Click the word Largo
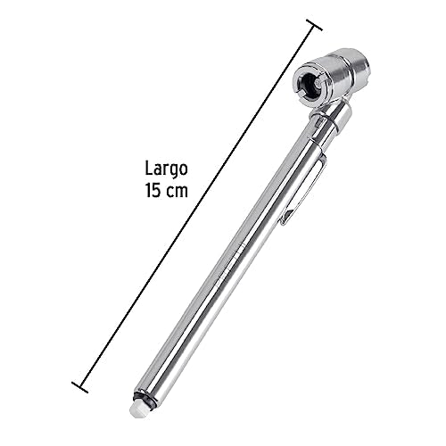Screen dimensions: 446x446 166,168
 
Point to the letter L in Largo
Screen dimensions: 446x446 147,168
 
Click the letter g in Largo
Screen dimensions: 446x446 174,169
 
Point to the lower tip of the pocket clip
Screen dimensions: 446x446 285,219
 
